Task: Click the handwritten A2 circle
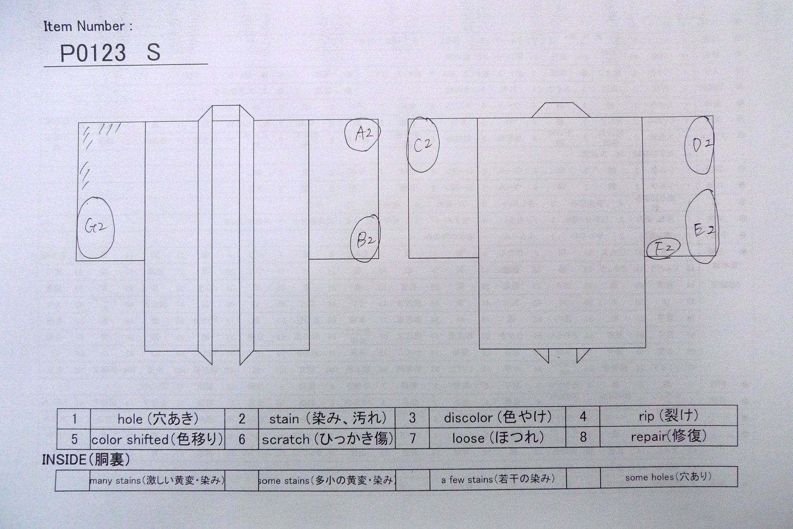click(x=363, y=133)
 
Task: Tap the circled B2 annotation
click(x=365, y=239)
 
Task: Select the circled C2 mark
click(x=423, y=145)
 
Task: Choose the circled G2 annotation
click(x=95, y=228)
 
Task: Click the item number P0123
click(x=93, y=53)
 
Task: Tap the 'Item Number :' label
click(x=88, y=27)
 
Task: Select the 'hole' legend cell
click(x=158, y=419)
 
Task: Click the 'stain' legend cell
click(x=327, y=418)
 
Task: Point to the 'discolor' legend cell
click(x=497, y=417)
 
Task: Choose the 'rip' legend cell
click(x=668, y=416)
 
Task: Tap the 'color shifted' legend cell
click(x=157, y=439)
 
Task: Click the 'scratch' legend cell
click(x=327, y=439)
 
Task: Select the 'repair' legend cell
click(x=668, y=437)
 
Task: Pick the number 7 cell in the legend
click(x=412, y=438)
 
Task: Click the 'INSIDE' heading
click(x=86, y=460)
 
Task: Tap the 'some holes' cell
click(x=668, y=477)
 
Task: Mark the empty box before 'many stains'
click(x=72, y=480)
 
